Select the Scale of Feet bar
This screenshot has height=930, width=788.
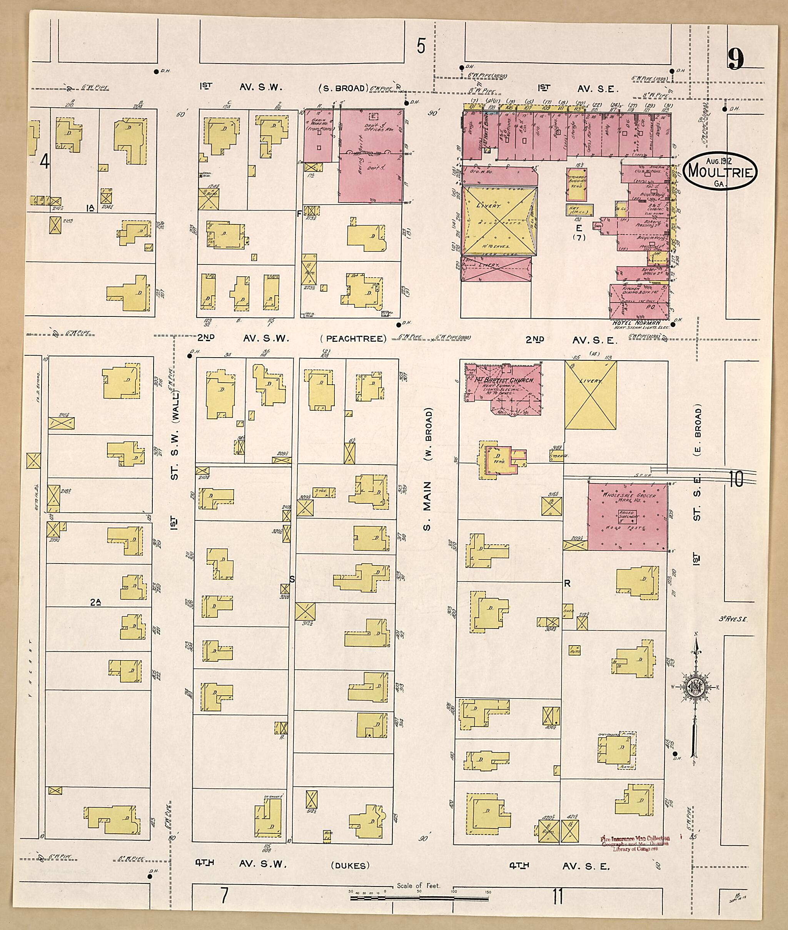point(419,897)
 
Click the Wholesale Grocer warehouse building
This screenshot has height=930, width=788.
point(628,516)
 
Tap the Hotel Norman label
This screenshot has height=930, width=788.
point(630,323)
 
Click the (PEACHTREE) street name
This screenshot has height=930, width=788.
point(353,339)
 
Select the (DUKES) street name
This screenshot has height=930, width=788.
point(350,866)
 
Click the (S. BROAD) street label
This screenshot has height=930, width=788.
point(342,88)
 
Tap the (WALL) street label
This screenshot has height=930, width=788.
point(175,406)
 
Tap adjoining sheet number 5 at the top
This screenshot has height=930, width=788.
point(420,45)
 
